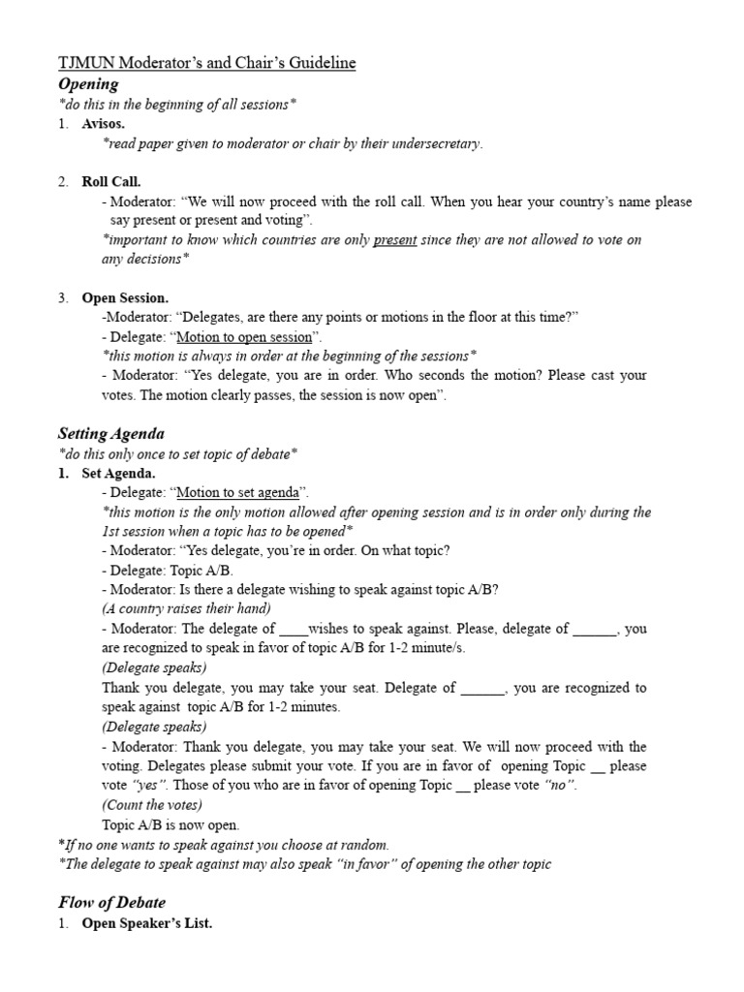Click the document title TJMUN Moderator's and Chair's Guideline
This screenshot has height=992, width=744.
[x=207, y=64]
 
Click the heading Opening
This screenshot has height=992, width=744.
[x=89, y=84]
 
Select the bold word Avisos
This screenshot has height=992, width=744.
[x=103, y=124]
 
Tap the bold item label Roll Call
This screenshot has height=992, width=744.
[x=111, y=182]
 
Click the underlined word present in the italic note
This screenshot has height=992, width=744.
[x=395, y=240]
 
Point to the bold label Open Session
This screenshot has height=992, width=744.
[x=125, y=298]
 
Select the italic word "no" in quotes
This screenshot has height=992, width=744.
[x=561, y=786]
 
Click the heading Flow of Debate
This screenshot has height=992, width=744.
[x=111, y=903]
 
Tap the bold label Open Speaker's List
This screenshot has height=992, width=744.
[x=146, y=924]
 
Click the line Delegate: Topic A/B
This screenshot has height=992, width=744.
[x=167, y=571]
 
